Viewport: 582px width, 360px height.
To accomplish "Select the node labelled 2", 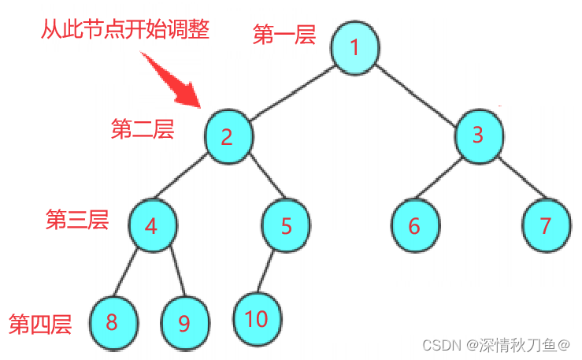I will pyautogui.click(x=228, y=136).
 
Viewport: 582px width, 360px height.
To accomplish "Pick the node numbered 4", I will pyautogui.click(x=151, y=225).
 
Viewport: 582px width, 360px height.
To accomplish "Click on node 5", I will pyautogui.click(x=286, y=225).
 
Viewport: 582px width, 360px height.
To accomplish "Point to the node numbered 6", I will pyautogui.click(x=414, y=225).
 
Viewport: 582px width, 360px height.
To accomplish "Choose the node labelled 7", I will pyautogui.click(x=546, y=225).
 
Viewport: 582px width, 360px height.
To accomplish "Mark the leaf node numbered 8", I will pyautogui.click(x=113, y=321).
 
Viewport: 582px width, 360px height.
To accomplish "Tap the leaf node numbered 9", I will pyautogui.click(x=185, y=323).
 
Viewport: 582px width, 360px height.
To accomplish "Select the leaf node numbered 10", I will pyautogui.click(x=257, y=319).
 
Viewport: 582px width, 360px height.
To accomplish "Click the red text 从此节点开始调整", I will pyautogui.click(x=125, y=32).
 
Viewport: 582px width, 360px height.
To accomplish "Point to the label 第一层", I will pyautogui.click(x=284, y=35).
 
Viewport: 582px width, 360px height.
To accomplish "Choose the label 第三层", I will pyautogui.click(x=76, y=220).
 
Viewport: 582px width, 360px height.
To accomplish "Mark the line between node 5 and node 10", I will pyautogui.click(x=269, y=273).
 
